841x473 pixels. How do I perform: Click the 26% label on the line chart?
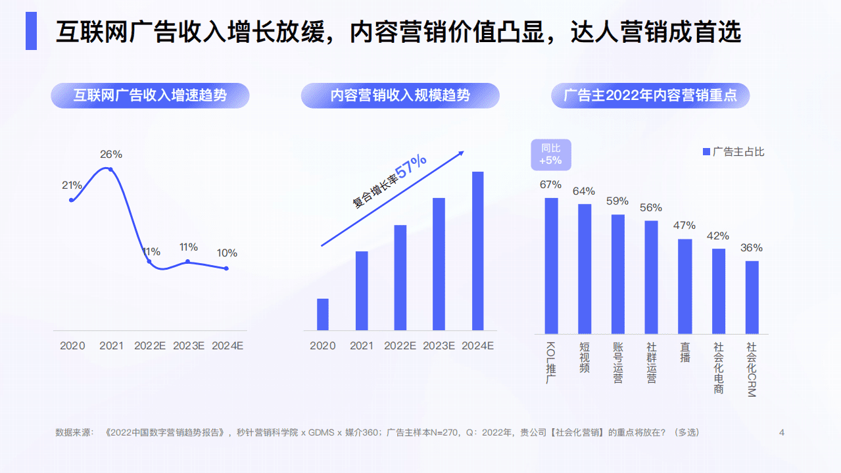(x=111, y=155)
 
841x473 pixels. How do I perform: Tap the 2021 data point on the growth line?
(x=110, y=170)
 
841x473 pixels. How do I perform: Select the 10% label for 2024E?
(x=227, y=253)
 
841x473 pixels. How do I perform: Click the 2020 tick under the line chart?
(x=72, y=345)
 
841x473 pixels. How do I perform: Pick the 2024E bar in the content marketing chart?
(x=478, y=251)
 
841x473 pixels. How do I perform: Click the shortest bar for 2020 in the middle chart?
(x=322, y=314)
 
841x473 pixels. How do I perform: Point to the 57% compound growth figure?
(x=412, y=164)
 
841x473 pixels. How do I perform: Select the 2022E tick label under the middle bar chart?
(x=400, y=345)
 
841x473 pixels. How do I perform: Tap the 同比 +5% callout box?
(x=550, y=155)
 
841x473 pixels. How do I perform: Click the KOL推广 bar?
(x=551, y=266)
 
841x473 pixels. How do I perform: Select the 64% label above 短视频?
(x=584, y=191)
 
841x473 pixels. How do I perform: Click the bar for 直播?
(x=685, y=286)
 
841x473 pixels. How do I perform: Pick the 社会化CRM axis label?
(x=751, y=369)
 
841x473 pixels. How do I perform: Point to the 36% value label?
(x=752, y=248)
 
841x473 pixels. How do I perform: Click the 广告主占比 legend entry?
(x=733, y=152)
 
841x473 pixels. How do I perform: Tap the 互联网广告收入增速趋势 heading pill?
(x=151, y=95)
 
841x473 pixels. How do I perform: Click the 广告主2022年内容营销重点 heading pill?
(x=650, y=95)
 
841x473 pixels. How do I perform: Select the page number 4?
(x=782, y=432)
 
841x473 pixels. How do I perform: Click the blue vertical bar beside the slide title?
(x=31, y=31)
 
